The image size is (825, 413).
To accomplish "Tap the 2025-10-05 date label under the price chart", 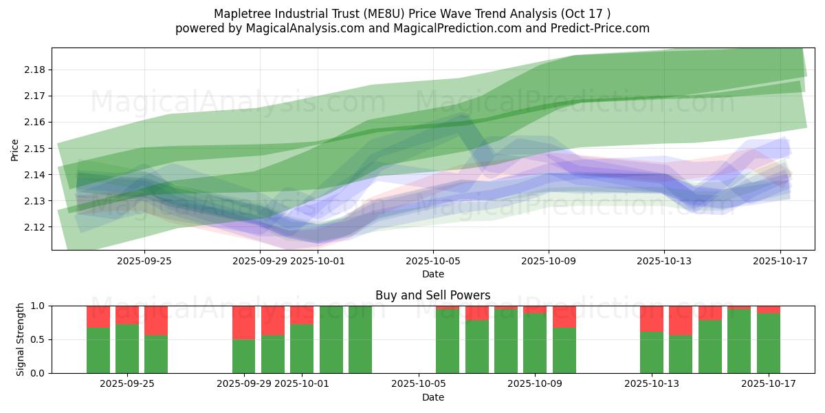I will pos(432,261).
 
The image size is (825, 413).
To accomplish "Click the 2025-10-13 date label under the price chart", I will pos(663,261).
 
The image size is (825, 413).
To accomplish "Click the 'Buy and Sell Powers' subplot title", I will pos(432,295).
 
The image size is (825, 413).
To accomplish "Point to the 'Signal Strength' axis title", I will pos(21,339).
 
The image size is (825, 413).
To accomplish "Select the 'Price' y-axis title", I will pos(15,149).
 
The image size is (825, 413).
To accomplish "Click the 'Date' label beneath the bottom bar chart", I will pos(432,397).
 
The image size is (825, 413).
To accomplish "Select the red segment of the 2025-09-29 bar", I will pos(244,322).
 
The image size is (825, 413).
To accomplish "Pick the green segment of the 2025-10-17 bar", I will pos(769,344).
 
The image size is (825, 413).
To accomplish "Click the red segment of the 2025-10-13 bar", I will pos(651,319).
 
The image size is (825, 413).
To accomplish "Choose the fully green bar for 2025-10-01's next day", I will pos(331,339).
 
